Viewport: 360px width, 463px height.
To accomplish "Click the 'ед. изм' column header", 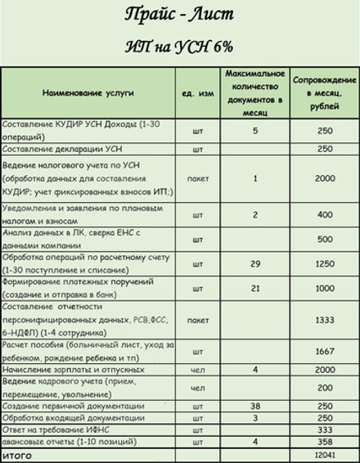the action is point(197,92).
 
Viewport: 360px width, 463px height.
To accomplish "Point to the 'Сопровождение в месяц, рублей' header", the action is point(324,92).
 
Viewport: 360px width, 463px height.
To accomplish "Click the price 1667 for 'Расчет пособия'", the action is point(324,351).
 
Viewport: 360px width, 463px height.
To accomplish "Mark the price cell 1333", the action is point(324,320).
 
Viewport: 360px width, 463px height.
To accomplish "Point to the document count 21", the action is point(255,288).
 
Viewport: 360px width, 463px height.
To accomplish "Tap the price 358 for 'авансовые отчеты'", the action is point(324,442).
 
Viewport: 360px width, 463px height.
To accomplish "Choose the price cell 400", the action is point(324,215).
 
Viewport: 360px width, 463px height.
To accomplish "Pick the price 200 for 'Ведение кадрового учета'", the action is point(324,388).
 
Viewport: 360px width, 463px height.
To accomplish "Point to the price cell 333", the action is point(324,430).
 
